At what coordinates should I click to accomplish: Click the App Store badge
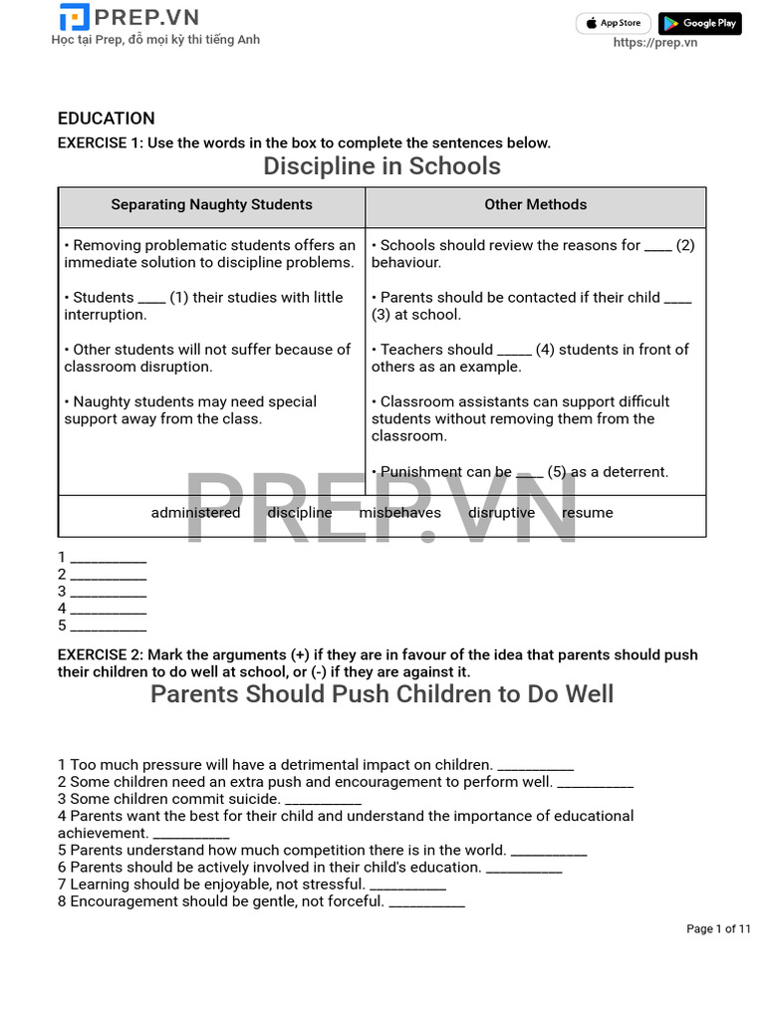tap(614, 23)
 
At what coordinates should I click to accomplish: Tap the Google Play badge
tap(699, 23)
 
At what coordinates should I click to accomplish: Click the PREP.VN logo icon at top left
tap(74, 17)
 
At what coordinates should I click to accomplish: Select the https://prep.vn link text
tap(654, 43)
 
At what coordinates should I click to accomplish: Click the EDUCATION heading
tap(106, 119)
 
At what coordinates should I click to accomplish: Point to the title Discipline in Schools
tap(382, 166)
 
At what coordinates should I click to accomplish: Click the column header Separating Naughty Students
tap(211, 205)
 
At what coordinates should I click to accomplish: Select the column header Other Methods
tap(535, 205)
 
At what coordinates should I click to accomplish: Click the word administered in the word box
tap(195, 513)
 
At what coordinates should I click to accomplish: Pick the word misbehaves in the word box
tap(399, 513)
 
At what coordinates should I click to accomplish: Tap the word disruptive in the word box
tap(501, 513)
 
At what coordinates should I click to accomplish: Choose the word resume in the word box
tap(588, 513)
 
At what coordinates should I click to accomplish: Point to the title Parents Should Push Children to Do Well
tap(382, 694)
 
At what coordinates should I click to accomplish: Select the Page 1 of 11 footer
tap(718, 929)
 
